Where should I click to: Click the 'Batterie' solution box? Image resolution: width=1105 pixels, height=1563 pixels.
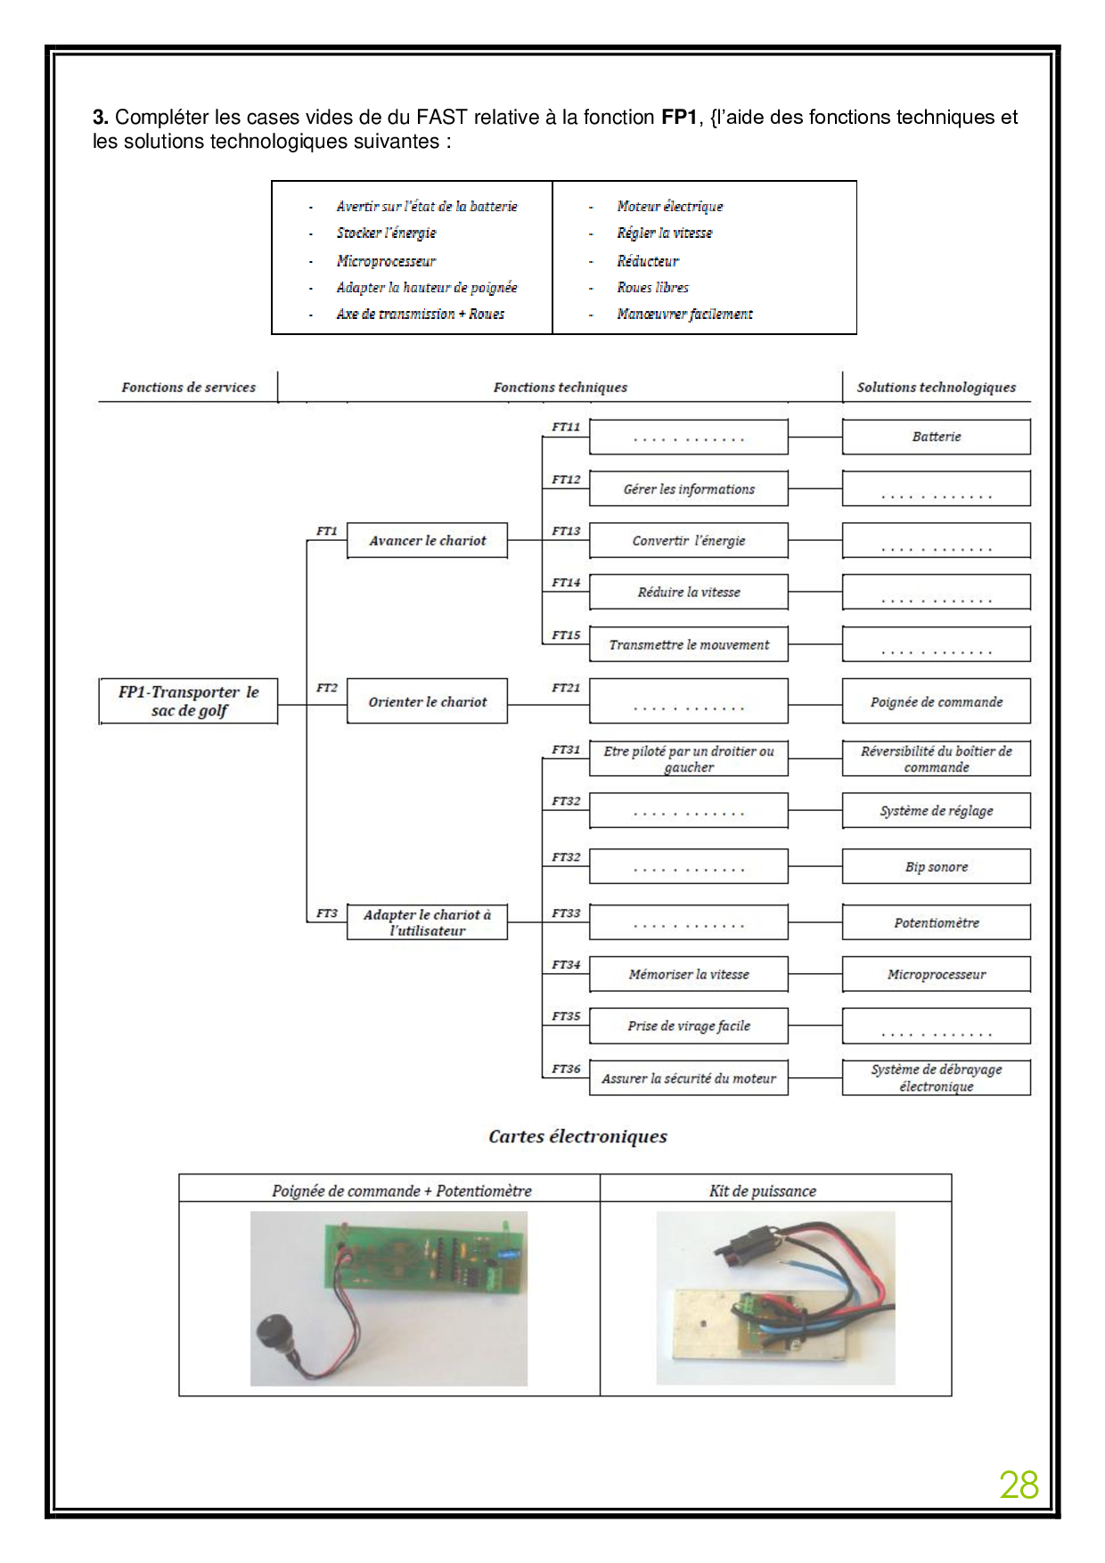[x=936, y=437]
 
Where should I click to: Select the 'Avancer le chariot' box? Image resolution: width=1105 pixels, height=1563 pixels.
[x=427, y=541]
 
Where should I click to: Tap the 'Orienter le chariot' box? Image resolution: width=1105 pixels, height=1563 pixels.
[x=427, y=702]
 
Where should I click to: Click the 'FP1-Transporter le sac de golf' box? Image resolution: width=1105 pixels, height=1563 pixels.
[x=188, y=701]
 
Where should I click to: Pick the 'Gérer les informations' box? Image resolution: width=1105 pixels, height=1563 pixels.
[x=689, y=489]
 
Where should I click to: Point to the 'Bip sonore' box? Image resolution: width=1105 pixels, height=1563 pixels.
[x=936, y=867]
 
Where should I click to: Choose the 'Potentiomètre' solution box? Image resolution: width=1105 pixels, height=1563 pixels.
[x=936, y=923]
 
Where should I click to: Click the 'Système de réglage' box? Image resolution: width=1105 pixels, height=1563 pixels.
[x=936, y=811]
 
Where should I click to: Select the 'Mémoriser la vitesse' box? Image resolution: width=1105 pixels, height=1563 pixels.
[x=689, y=975]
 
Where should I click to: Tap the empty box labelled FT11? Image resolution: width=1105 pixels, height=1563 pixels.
[x=689, y=438]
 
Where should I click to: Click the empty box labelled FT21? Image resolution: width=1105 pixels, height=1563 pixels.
[x=689, y=701]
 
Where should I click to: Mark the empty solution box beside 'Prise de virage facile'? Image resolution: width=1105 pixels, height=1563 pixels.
[x=936, y=1027]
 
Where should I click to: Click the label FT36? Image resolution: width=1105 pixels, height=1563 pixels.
[x=565, y=1068]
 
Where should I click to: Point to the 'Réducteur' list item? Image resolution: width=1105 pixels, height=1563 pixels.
[x=648, y=261]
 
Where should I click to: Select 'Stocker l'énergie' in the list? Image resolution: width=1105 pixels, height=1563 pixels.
[x=386, y=233]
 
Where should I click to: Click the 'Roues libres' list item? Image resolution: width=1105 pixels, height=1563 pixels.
[x=652, y=288]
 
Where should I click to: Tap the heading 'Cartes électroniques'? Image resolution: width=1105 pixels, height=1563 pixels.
[x=577, y=1136]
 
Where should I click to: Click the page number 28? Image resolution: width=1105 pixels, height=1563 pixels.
[x=1019, y=1485]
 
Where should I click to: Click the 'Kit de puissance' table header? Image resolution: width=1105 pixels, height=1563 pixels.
[x=762, y=1191]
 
